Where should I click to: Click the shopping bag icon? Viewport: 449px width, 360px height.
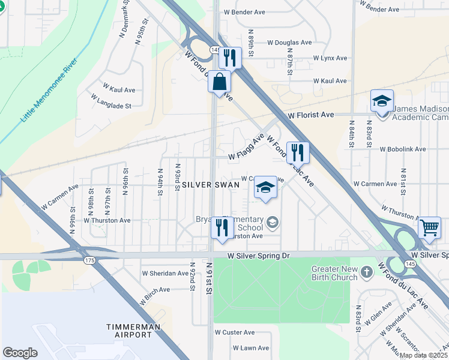pos(220,81)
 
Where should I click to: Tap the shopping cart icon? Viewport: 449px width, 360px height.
pos(429,228)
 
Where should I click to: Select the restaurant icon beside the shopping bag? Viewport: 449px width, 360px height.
pos(229,58)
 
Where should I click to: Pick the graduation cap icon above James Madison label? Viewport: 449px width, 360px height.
pos(381,101)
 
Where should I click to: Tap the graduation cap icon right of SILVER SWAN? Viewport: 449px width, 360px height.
pos(265,188)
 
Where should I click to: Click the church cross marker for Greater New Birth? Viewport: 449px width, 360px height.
pos(367,274)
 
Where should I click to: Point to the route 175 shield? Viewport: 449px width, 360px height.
pos(90,260)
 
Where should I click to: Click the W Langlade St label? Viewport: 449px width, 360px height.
pos(109,106)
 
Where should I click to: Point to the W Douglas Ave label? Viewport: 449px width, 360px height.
pos(289,43)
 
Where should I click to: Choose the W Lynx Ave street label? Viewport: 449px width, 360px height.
pos(330,58)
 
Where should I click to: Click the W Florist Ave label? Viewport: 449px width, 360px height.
pos(310,114)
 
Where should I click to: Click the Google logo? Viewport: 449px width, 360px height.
pos(20,353)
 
